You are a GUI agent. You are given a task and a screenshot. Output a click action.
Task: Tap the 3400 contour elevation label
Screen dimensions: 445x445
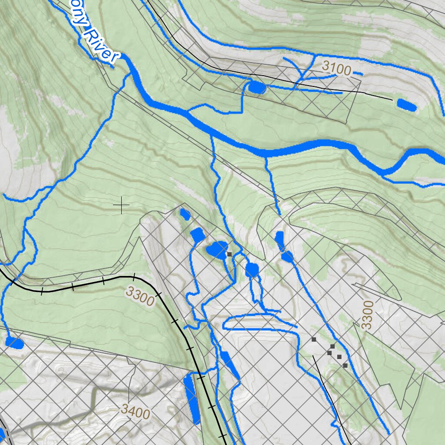pos(135,411)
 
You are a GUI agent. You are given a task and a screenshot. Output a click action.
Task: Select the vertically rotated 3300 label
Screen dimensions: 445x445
pos(368,315)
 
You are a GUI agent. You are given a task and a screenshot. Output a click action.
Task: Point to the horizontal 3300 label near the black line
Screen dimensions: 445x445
pos(140,297)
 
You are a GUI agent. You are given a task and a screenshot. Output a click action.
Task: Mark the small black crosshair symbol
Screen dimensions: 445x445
pos(121,205)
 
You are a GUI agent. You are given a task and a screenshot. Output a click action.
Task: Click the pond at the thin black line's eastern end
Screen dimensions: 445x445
pos(407,105)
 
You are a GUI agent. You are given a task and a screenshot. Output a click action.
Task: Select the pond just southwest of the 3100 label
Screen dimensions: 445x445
pos(257,87)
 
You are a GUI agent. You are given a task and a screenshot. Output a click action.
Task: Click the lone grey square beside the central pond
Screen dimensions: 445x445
pos(229,254)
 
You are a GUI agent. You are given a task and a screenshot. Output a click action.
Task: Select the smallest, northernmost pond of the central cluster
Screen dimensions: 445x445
pos(185,214)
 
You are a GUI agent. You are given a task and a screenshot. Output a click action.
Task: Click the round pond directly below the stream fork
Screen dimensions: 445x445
pos(252,270)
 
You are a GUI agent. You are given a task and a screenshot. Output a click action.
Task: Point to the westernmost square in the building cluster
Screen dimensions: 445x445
pos(313,339)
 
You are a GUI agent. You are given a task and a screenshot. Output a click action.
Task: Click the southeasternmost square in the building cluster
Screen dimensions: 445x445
pos(345,365)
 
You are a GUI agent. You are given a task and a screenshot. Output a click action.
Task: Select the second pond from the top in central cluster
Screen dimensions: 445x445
pos(197,235)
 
